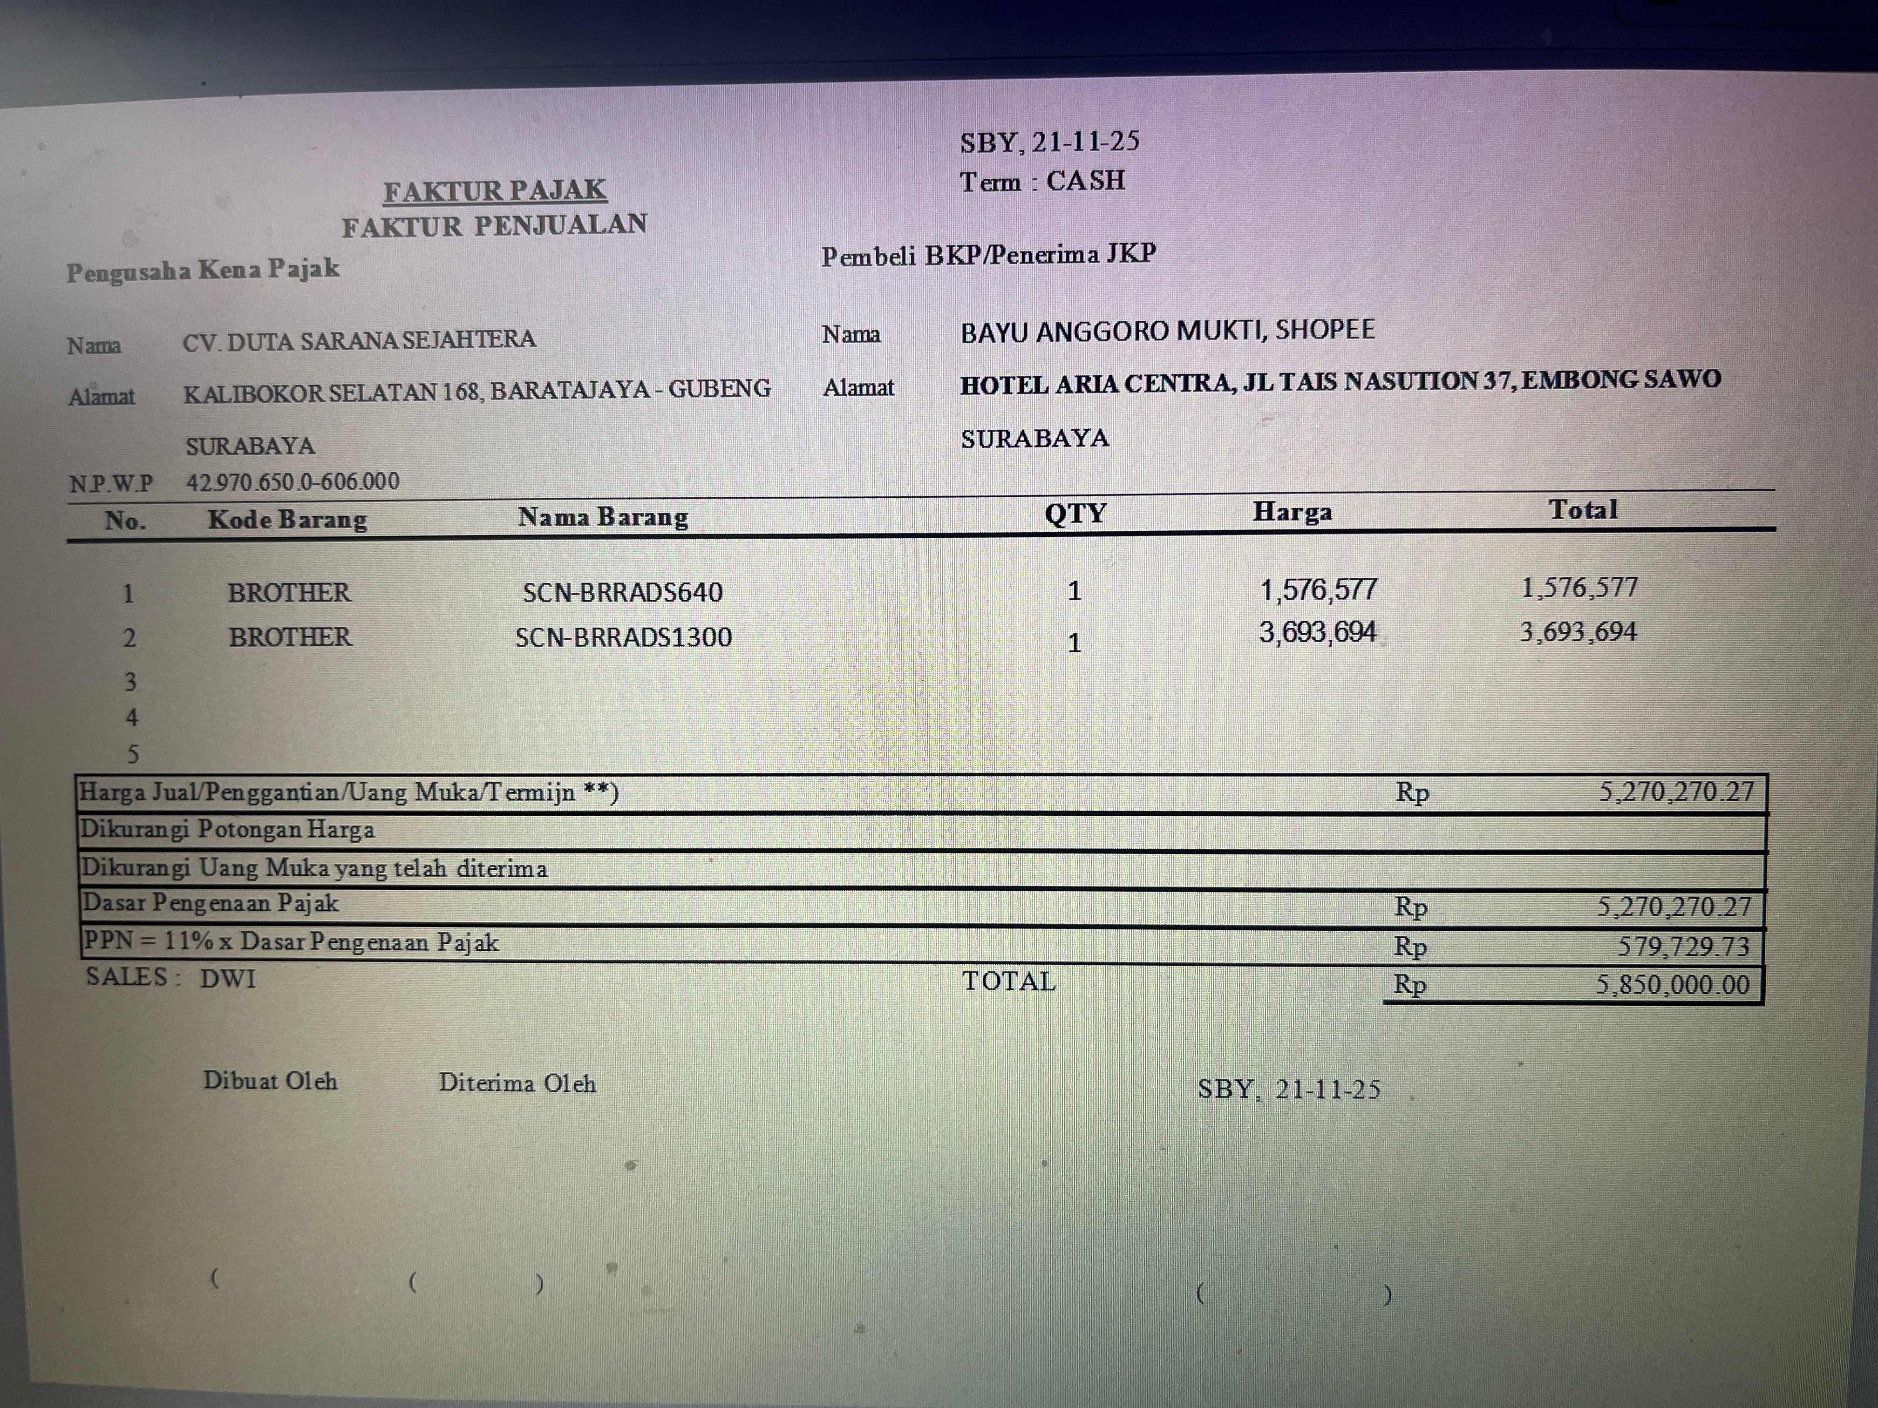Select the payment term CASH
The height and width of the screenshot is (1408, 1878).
[1085, 181]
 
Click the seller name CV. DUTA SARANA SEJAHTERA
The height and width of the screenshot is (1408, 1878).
[359, 340]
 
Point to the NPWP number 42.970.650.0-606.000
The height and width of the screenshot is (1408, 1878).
[293, 482]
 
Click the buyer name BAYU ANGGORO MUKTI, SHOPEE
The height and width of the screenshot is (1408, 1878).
[1167, 330]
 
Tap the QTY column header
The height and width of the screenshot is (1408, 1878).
[1075, 514]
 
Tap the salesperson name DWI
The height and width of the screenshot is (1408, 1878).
[228, 979]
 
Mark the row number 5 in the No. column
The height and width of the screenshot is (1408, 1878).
[132, 754]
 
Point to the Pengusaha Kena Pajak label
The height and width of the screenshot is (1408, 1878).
[203, 271]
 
